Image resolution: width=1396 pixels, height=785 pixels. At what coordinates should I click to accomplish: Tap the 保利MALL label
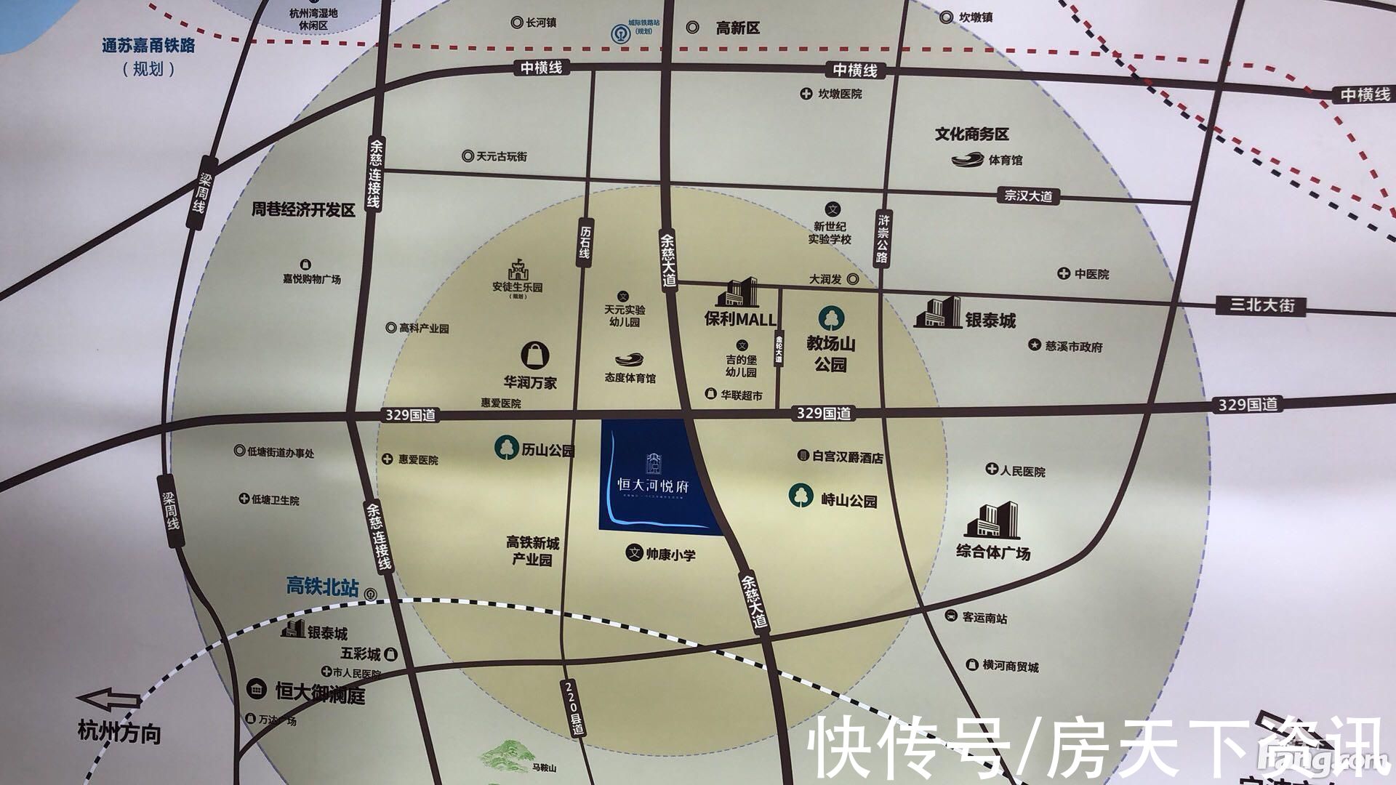(739, 319)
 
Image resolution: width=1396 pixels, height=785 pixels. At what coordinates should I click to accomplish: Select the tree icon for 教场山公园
(830, 318)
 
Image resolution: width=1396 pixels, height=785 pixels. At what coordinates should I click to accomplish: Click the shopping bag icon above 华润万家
(535, 355)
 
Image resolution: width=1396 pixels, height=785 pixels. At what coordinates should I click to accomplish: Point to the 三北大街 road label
(1262, 305)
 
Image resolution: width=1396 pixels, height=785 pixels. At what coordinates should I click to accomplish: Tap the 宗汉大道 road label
(1028, 196)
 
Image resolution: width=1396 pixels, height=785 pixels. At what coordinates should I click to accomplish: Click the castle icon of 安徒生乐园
(518, 270)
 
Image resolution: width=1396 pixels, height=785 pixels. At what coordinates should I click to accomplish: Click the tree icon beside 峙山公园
(801, 496)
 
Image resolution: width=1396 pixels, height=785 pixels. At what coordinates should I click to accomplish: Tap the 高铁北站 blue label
(322, 586)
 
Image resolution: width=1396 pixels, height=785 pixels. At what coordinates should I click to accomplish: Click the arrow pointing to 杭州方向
(110, 701)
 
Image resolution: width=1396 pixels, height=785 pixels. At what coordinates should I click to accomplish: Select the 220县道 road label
(572, 709)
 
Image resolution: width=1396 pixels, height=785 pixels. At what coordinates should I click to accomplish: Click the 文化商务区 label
(971, 134)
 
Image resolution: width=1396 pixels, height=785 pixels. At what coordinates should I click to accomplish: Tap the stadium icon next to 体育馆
(967, 159)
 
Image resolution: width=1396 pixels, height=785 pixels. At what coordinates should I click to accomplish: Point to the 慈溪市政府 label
(1073, 347)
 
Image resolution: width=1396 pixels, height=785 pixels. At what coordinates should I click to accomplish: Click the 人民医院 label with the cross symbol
(1022, 471)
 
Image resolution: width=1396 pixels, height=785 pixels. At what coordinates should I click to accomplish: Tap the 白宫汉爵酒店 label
(847, 456)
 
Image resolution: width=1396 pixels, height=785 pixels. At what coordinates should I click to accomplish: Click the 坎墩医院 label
(839, 94)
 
